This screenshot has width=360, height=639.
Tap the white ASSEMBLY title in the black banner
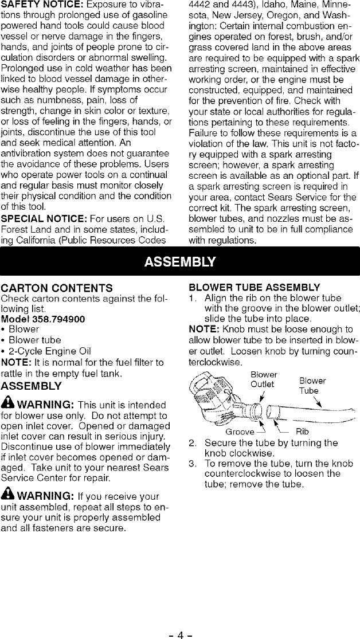pos(180,262)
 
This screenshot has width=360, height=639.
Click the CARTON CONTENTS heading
pos(56,287)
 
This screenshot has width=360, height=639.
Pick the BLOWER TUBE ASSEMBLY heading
pos(254,287)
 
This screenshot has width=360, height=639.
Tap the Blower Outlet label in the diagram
pos(264,379)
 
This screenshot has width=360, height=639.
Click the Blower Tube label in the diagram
pos(312,385)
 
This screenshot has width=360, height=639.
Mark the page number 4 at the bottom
pos(179,620)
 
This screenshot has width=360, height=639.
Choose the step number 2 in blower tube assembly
pos(193,443)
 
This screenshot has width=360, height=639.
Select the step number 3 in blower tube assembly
pos(193,463)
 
